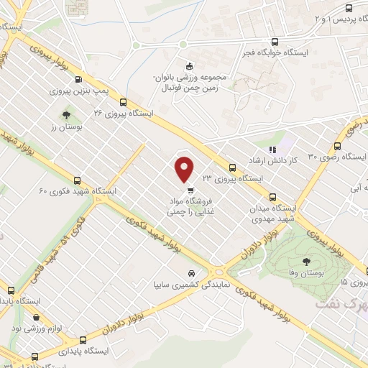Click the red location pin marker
pyautogui.click(x=185, y=170)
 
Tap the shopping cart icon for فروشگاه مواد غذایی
pyautogui.click(x=190, y=191)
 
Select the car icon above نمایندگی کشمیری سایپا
pyautogui.click(x=191, y=274)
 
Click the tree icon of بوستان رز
pyautogui.click(x=67, y=114)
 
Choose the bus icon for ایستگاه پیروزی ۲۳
pyautogui.click(x=234, y=165)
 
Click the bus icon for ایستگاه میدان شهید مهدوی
pyautogui.click(x=272, y=197)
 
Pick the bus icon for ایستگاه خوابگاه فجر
pyautogui.click(x=275, y=42)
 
